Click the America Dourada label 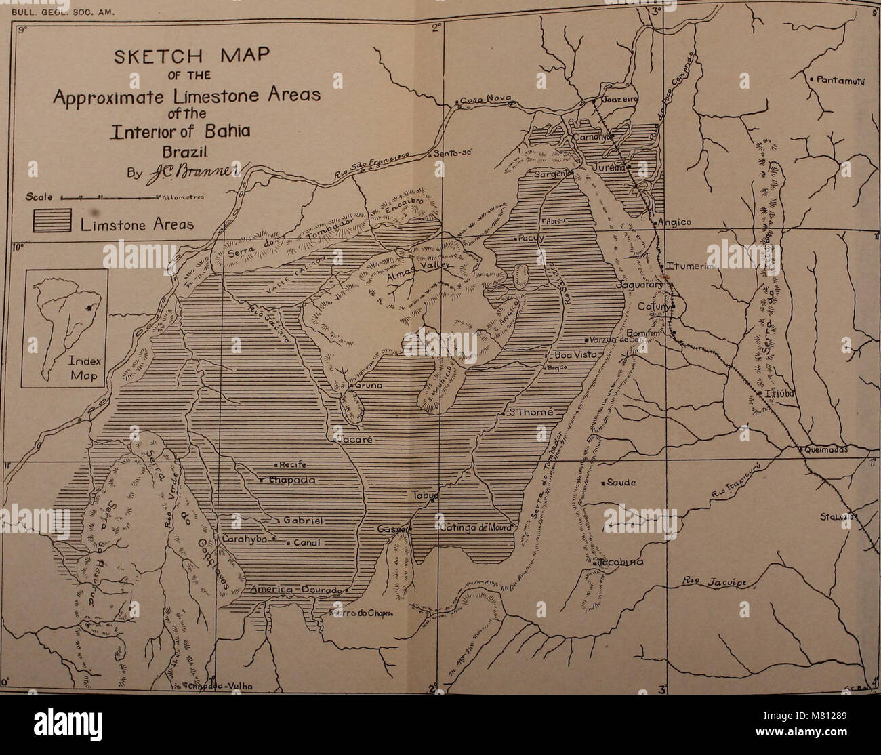tap(294, 590)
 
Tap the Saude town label tap(620, 483)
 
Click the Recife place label tap(293, 465)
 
